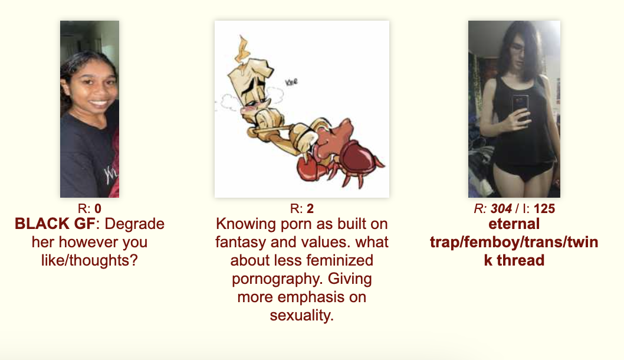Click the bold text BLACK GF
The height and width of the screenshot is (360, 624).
pyautogui.click(x=55, y=224)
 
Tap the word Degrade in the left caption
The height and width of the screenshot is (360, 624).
pyautogui.click(x=134, y=224)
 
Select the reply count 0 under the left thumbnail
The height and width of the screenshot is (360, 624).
pyautogui.click(x=98, y=208)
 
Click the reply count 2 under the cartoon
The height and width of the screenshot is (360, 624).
pyautogui.click(x=310, y=208)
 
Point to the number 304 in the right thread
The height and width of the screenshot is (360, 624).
pyautogui.click(x=501, y=208)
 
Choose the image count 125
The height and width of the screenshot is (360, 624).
pyautogui.click(x=544, y=208)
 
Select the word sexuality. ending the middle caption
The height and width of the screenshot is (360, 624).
pyautogui.click(x=301, y=316)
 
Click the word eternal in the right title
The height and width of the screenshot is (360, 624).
pyautogui.click(x=514, y=224)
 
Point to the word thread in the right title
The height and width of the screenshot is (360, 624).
pyautogui.click(x=521, y=260)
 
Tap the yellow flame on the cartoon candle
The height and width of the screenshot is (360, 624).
pyautogui.click(x=242, y=49)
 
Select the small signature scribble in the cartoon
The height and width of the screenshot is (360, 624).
pyautogui.click(x=291, y=83)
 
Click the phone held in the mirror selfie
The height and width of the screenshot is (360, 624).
pyautogui.click(x=520, y=107)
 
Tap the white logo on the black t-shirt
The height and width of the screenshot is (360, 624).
pyautogui.click(x=110, y=174)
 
